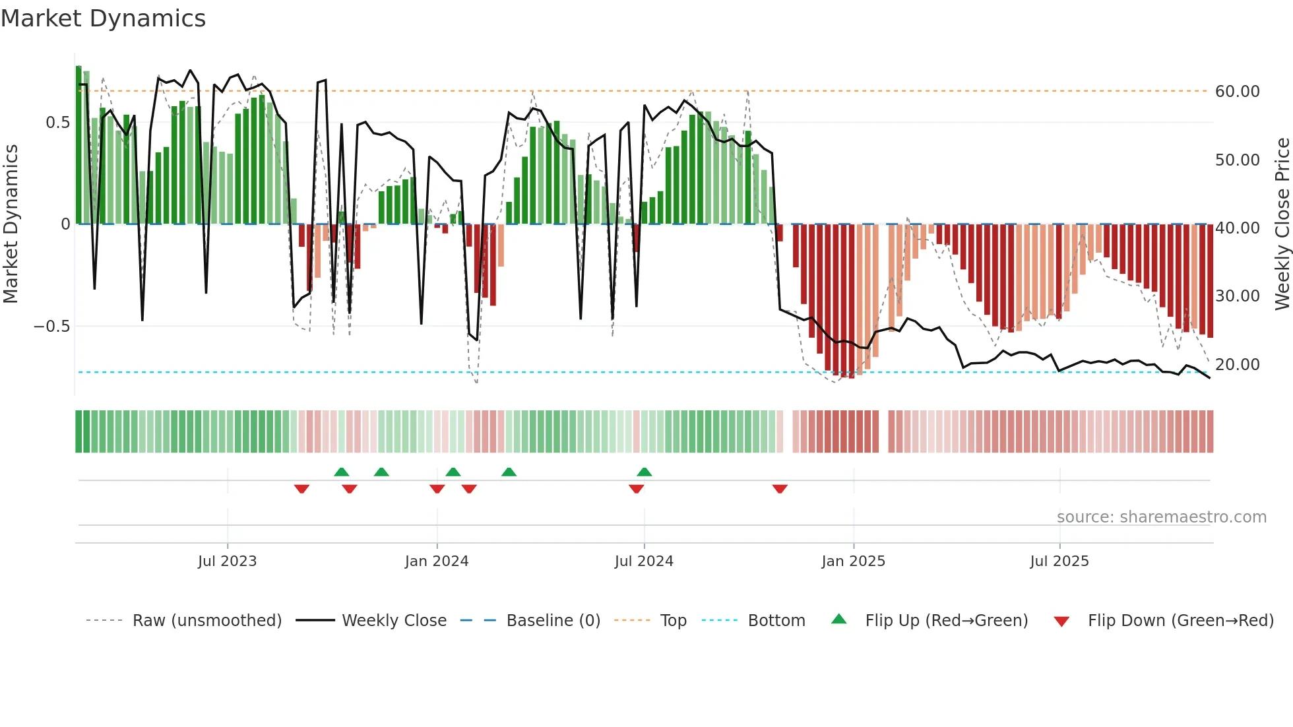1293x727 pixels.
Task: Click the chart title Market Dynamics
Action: (x=104, y=18)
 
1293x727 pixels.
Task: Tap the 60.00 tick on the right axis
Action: (x=1237, y=92)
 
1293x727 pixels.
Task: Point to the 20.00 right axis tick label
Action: (x=1237, y=365)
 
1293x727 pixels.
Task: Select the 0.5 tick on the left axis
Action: (x=57, y=123)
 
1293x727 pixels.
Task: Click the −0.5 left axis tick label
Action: (x=51, y=327)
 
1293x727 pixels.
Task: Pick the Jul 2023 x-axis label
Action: (x=227, y=561)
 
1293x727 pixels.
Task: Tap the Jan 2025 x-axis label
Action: (x=853, y=561)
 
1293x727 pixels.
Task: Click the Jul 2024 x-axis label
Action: (x=644, y=561)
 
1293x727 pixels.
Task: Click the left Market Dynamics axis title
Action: (x=11, y=224)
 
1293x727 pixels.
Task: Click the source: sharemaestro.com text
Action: (x=1161, y=517)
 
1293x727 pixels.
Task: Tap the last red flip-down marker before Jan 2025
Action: (x=780, y=489)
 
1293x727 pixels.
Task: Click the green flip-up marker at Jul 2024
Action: (x=645, y=472)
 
